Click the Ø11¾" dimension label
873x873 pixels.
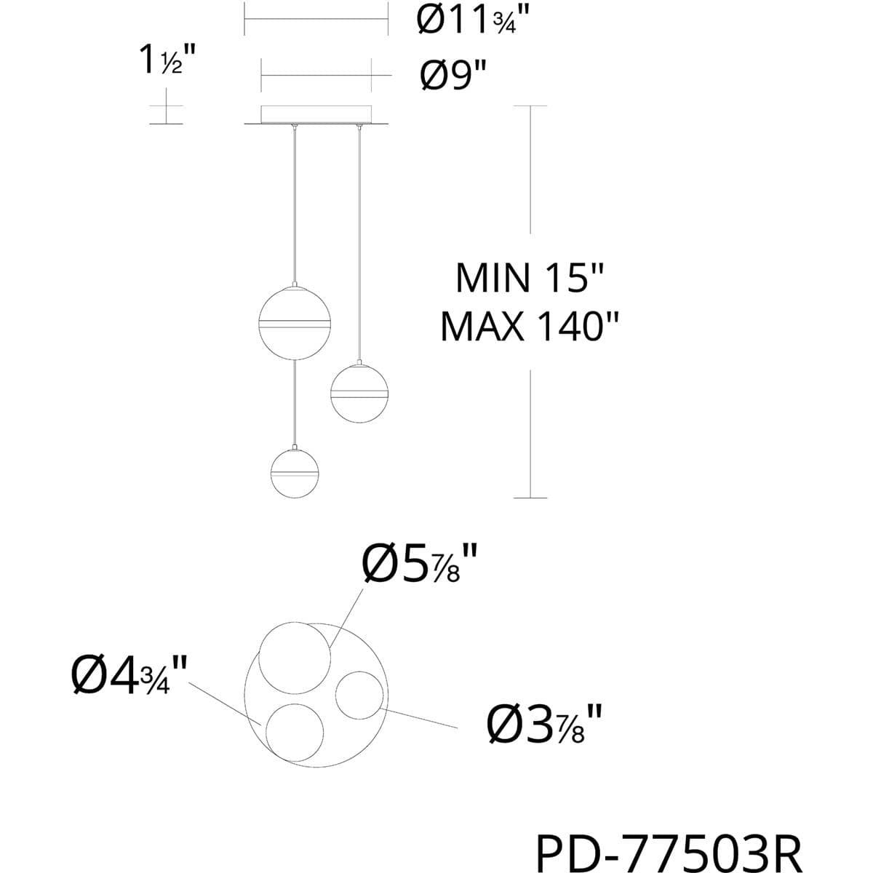click(473, 20)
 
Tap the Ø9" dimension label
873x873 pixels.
click(453, 76)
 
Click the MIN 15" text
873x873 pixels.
click(530, 279)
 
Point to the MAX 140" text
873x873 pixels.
click(530, 327)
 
